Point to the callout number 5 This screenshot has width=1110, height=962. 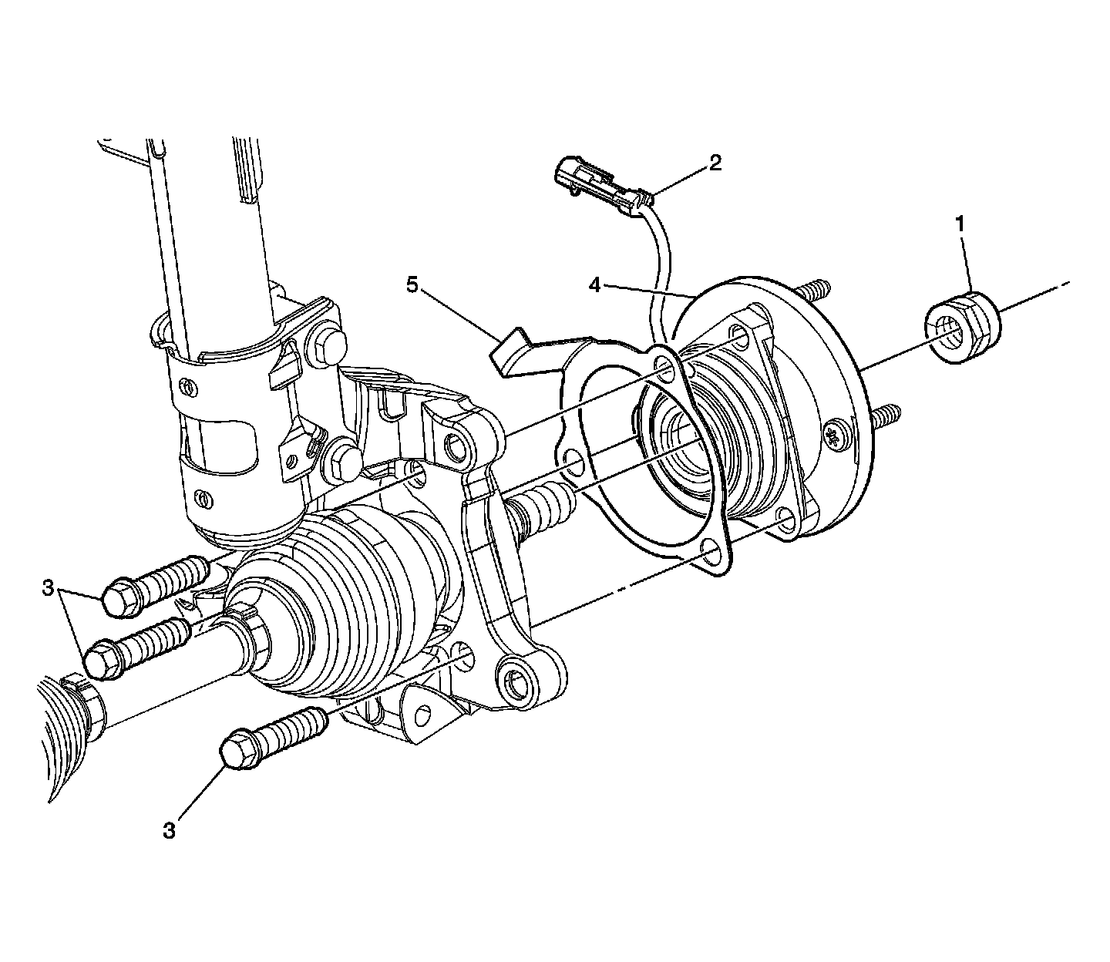coord(412,285)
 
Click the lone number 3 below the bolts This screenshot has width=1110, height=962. coord(170,831)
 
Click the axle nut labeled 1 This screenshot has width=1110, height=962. coord(962,327)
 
